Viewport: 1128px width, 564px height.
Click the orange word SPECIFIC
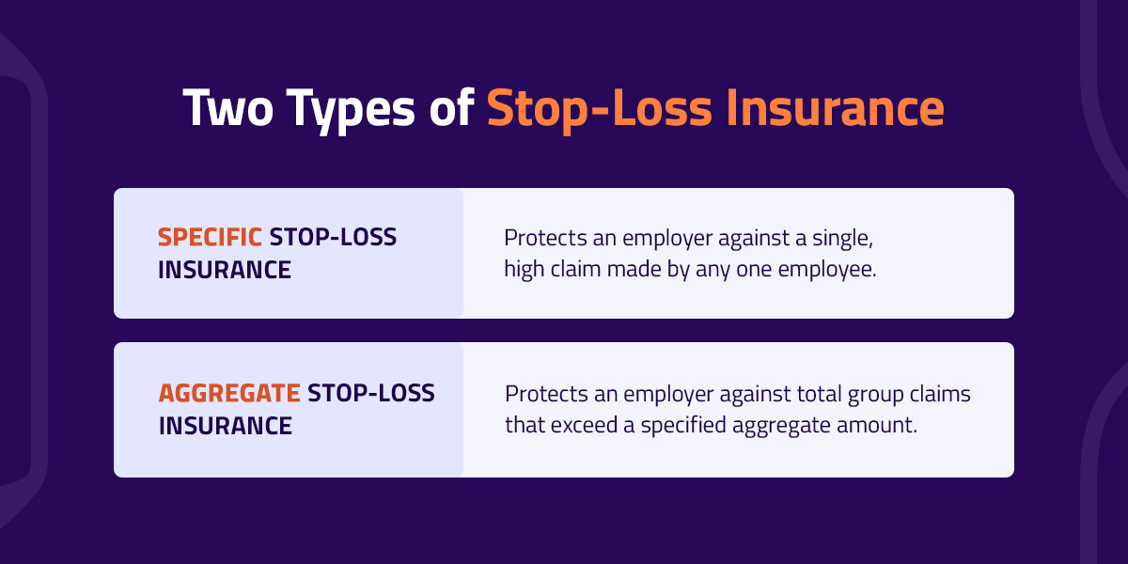pyautogui.click(x=210, y=239)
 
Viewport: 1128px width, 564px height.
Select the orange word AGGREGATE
pyautogui.click(x=229, y=393)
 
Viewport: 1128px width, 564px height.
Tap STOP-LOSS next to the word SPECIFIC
pyautogui.click(x=333, y=239)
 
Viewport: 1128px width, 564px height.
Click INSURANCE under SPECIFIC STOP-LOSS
pyautogui.click(x=225, y=270)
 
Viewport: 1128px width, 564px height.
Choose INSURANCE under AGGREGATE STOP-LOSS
pyautogui.click(x=226, y=425)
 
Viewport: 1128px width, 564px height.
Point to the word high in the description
pyautogui.click(x=523, y=270)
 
